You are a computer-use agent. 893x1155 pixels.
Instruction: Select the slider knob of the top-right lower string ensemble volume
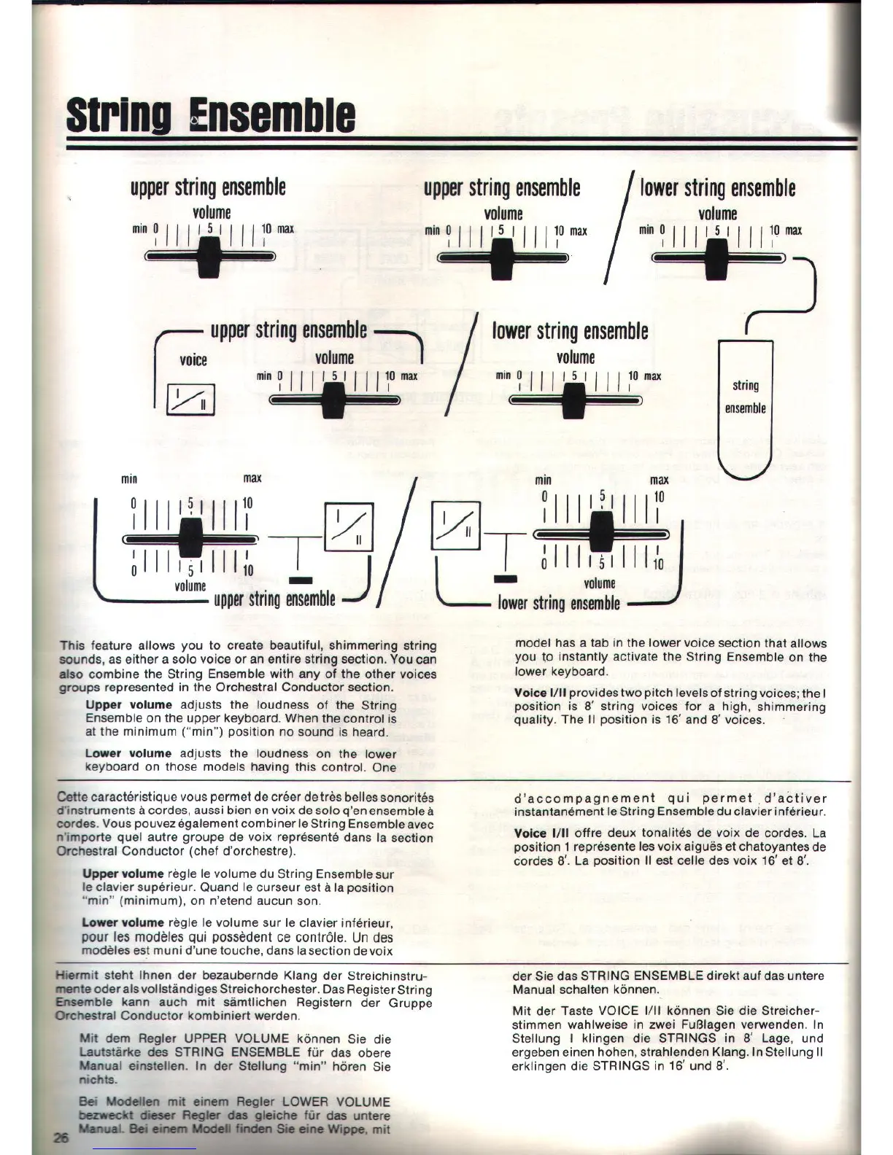coord(717,257)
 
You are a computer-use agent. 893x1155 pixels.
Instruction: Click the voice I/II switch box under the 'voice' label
coord(191,399)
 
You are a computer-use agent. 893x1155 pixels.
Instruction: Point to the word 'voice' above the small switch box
coord(193,360)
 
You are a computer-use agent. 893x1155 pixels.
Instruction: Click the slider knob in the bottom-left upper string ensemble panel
coord(190,538)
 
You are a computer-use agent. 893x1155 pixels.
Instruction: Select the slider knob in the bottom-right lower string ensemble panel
coord(602,533)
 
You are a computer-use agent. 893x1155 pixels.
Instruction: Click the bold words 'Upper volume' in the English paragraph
coord(128,705)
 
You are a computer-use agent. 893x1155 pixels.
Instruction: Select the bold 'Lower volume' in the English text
coord(128,754)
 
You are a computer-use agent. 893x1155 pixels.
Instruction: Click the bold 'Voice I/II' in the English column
coord(541,693)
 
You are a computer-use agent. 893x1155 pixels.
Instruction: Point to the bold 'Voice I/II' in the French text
coord(541,833)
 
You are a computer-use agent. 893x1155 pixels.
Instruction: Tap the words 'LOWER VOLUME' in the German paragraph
coord(336,1102)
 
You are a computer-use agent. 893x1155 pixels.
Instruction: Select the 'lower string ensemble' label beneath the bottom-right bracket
coord(559,603)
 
